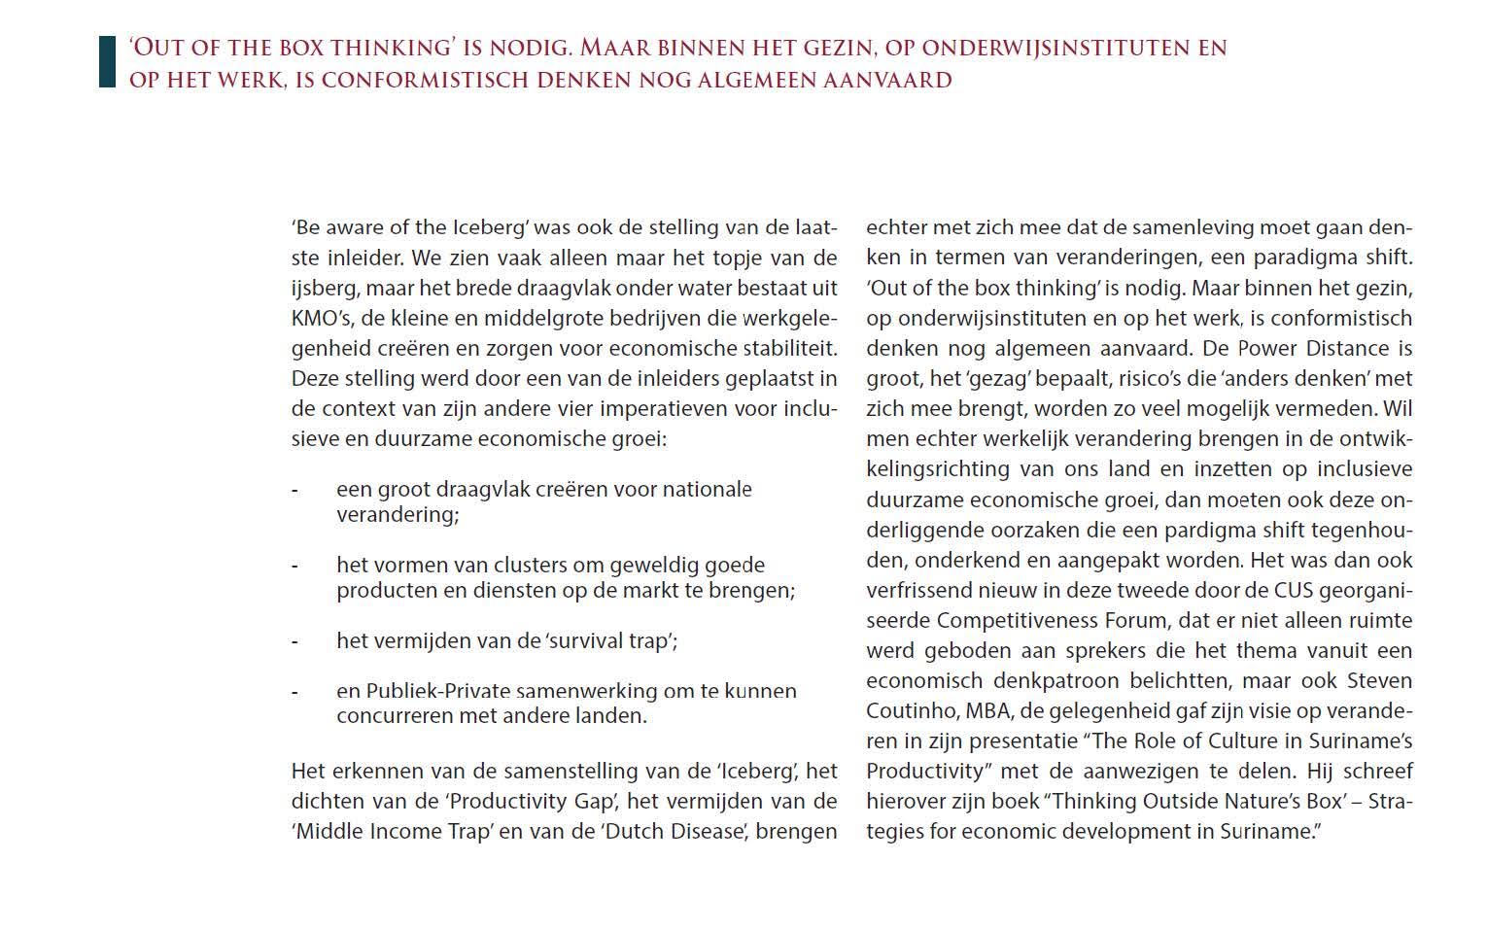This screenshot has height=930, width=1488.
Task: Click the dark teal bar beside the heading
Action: click(107, 62)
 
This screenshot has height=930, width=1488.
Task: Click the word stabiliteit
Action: click(790, 348)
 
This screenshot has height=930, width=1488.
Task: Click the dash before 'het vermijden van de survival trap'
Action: click(294, 641)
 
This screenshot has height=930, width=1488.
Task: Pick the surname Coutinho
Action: click(909, 710)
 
